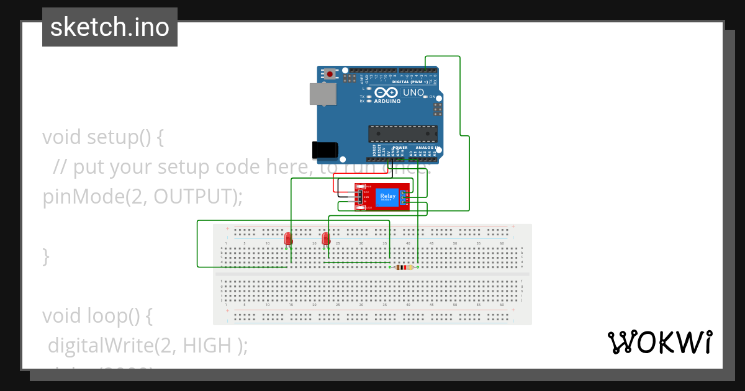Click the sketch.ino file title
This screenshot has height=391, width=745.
[110, 27]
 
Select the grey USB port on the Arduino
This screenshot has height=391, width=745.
[323, 94]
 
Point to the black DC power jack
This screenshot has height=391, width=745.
[325, 150]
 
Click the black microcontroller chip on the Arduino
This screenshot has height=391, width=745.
[402, 133]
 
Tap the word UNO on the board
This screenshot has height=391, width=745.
[413, 92]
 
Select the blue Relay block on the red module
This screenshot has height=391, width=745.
[387, 197]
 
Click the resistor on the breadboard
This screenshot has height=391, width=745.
[404, 267]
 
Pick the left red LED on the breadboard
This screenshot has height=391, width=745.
[288, 238]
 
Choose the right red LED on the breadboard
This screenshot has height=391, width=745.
[327, 238]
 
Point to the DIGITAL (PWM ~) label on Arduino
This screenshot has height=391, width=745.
[413, 82]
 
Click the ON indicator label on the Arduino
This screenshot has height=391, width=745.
[433, 97]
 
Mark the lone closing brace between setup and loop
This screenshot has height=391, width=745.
[45, 256]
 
